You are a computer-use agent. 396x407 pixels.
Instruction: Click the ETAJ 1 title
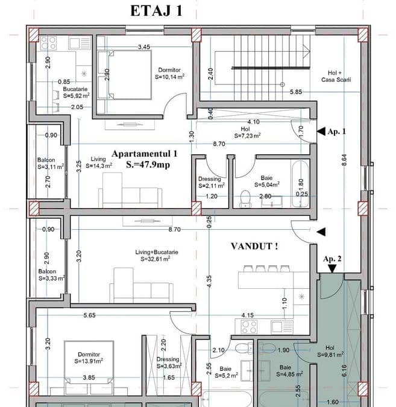(x=157, y=11)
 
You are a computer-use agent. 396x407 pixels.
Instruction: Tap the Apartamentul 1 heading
(x=145, y=154)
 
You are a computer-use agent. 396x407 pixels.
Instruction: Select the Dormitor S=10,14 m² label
(x=170, y=74)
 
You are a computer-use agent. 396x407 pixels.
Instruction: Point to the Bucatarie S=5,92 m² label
(x=77, y=92)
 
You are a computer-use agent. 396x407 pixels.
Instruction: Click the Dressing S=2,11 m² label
(x=211, y=182)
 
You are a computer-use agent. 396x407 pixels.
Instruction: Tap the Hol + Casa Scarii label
(x=336, y=77)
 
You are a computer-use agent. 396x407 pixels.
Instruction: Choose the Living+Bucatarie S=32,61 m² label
(x=157, y=256)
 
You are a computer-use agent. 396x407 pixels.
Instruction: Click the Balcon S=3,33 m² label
(x=51, y=275)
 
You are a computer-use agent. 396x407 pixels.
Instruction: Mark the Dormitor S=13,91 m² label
(x=89, y=358)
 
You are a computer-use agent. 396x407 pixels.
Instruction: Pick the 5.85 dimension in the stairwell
(x=296, y=92)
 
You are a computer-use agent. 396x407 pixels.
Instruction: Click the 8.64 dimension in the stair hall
(x=344, y=160)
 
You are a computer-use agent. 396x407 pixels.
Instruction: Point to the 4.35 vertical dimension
(x=209, y=281)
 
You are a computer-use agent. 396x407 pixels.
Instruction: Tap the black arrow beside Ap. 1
(x=321, y=131)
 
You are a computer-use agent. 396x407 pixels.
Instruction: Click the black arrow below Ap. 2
(x=332, y=269)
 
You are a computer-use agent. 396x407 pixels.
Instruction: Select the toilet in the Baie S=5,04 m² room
(x=245, y=199)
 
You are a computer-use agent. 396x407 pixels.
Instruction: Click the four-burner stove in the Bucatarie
(x=49, y=43)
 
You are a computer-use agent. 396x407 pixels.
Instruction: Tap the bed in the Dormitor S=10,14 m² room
(x=124, y=75)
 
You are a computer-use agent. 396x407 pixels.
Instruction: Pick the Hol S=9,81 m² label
(x=330, y=351)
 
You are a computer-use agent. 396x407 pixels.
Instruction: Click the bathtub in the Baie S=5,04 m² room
(x=301, y=184)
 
